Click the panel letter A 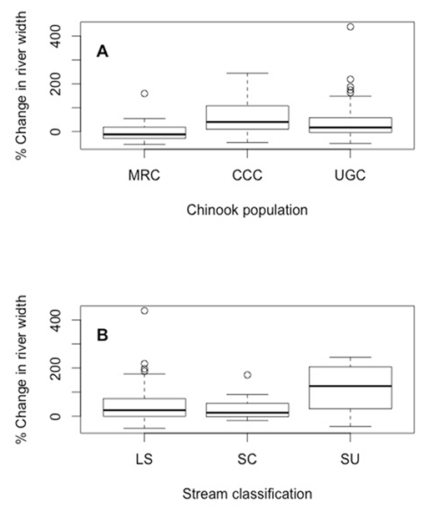[103, 52]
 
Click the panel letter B [103, 337]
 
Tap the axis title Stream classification [247, 494]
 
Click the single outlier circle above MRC [144, 94]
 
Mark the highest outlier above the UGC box [351, 27]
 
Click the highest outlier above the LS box [144, 311]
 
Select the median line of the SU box [351, 386]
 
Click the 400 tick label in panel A [62, 37]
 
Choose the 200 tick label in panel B [62, 368]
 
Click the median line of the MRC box [144, 134]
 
